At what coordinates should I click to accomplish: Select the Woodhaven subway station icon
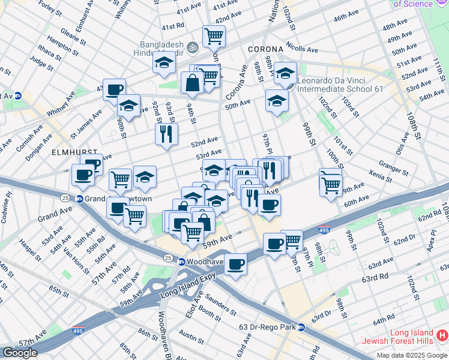(181, 261)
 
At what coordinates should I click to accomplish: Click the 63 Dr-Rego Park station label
(268, 327)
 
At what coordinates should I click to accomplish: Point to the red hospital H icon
(442, 334)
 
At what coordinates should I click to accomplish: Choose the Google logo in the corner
(20, 353)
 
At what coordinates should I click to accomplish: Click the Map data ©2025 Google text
(412, 355)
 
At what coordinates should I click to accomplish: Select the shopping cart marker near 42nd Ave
(214, 37)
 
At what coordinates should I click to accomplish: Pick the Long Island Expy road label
(187, 290)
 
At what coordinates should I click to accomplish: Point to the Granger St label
(393, 166)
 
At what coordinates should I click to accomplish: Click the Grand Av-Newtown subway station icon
(79, 199)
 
